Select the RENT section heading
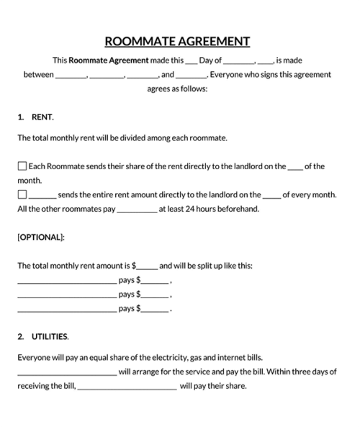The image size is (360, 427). tap(42, 116)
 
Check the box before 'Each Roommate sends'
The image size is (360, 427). tap(22, 166)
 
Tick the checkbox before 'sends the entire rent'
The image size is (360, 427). tap(22, 194)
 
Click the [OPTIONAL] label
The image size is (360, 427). tap(41, 237)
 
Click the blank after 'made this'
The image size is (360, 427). tap(191, 62)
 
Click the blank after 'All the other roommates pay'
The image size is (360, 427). tap(136, 210)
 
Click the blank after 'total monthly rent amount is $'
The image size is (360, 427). tap(147, 266)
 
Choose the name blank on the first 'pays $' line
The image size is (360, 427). tap(66, 281)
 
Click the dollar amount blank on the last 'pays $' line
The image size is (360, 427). tap(155, 309)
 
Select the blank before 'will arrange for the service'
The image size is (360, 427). tap(66, 372)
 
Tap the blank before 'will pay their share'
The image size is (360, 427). tap(127, 386)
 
